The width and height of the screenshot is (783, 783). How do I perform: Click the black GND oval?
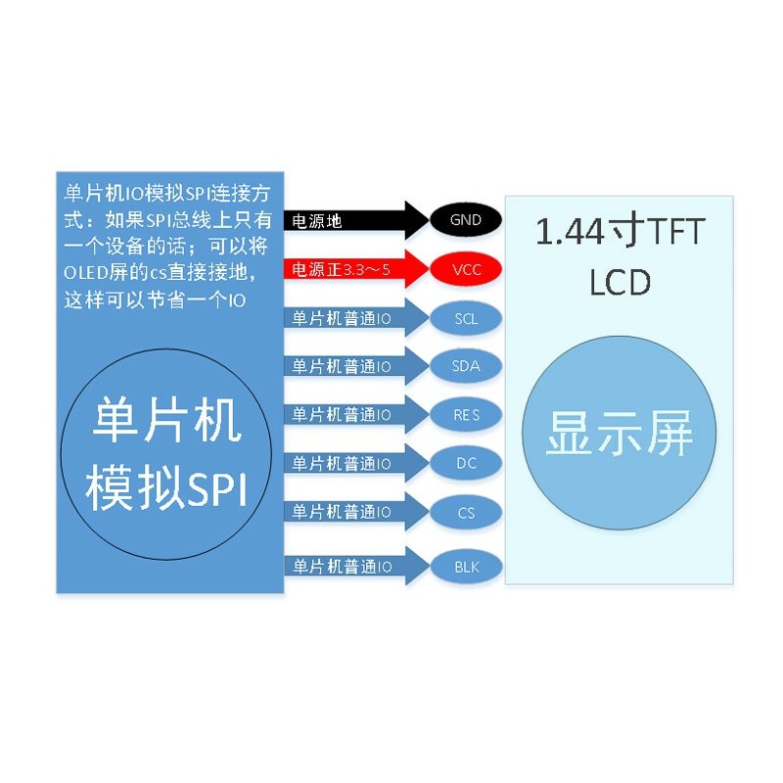pos(466,219)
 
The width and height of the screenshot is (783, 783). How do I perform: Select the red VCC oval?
pos(466,269)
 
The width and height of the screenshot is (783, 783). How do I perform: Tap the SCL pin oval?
pos(466,318)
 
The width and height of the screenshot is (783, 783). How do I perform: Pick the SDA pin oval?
pos(466,366)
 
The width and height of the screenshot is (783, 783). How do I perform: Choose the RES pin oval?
pos(466,414)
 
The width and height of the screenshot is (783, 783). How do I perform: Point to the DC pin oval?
pos(466,463)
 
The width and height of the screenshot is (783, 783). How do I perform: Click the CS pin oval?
pos(466,512)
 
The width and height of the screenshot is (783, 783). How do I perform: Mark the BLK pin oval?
pos(466,567)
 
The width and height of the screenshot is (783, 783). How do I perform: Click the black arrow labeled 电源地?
pos(356,220)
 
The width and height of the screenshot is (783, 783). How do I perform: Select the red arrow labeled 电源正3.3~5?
pos(356,269)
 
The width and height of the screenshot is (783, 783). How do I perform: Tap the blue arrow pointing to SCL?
pos(356,318)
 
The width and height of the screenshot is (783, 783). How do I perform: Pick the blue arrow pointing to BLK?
pos(356,567)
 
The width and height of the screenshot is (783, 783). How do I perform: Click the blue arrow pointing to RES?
pos(356,414)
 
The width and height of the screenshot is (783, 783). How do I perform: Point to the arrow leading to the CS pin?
pos(356,512)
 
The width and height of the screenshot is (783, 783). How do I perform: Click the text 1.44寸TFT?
pos(620,232)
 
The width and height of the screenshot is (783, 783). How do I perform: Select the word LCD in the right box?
pos(620,282)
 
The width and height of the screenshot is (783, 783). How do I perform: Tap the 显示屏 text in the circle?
pos(620,433)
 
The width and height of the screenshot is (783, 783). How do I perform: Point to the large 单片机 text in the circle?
pos(166,420)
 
